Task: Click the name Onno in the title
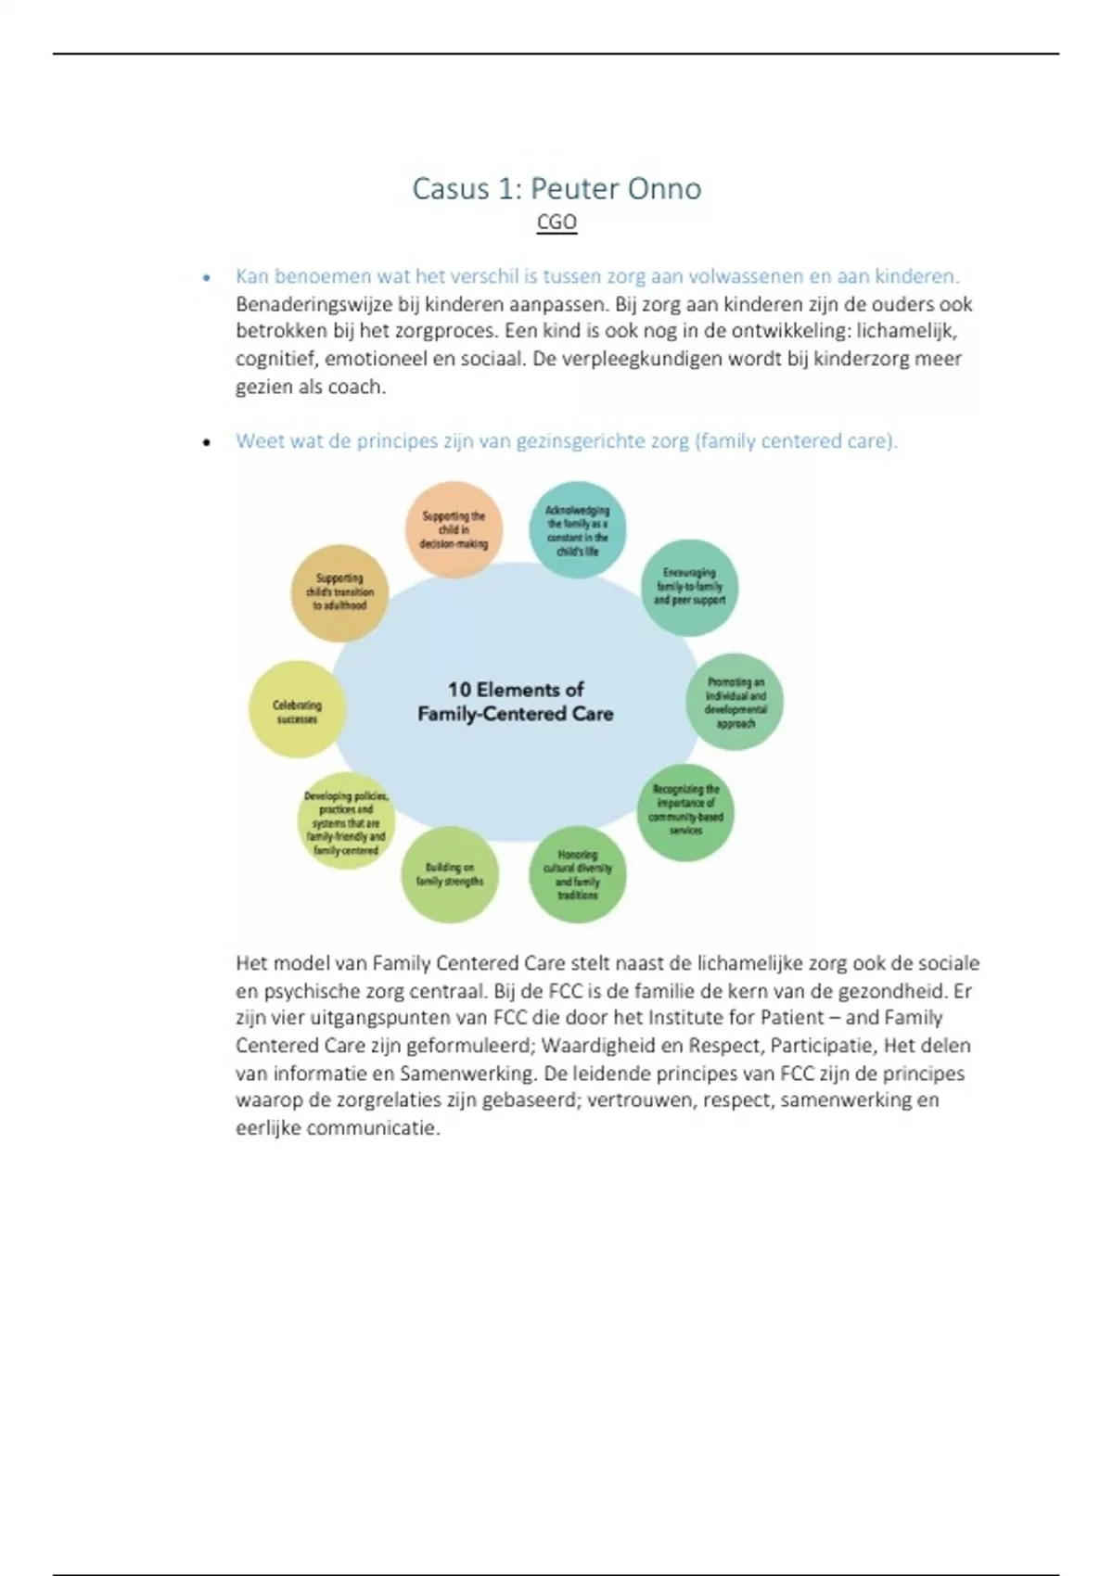point(664,189)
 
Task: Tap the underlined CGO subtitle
point(556,222)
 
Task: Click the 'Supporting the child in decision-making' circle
point(454,529)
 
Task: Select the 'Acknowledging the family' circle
point(577,530)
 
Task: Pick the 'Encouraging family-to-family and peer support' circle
point(689,587)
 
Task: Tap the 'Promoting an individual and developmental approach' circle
point(735,703)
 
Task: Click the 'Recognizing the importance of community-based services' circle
point(685,811)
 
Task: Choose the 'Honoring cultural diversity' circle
point(577,875)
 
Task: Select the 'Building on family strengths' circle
point(450,875)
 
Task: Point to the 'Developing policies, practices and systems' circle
point(346,822)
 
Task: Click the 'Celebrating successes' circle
point(297,711)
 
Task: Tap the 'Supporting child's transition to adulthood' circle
point(339,592)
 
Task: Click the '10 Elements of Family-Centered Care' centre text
point(516,702)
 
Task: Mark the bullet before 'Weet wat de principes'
point(207,443)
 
